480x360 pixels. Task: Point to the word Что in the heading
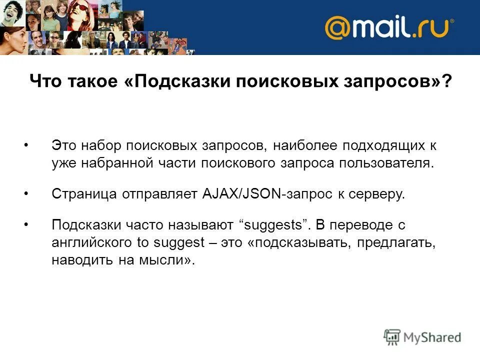(x=45, y=81)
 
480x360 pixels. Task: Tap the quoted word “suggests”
(x=273, y=225)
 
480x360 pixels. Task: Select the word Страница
(x=84, y=194)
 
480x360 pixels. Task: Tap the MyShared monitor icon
(x=392, y=337)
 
